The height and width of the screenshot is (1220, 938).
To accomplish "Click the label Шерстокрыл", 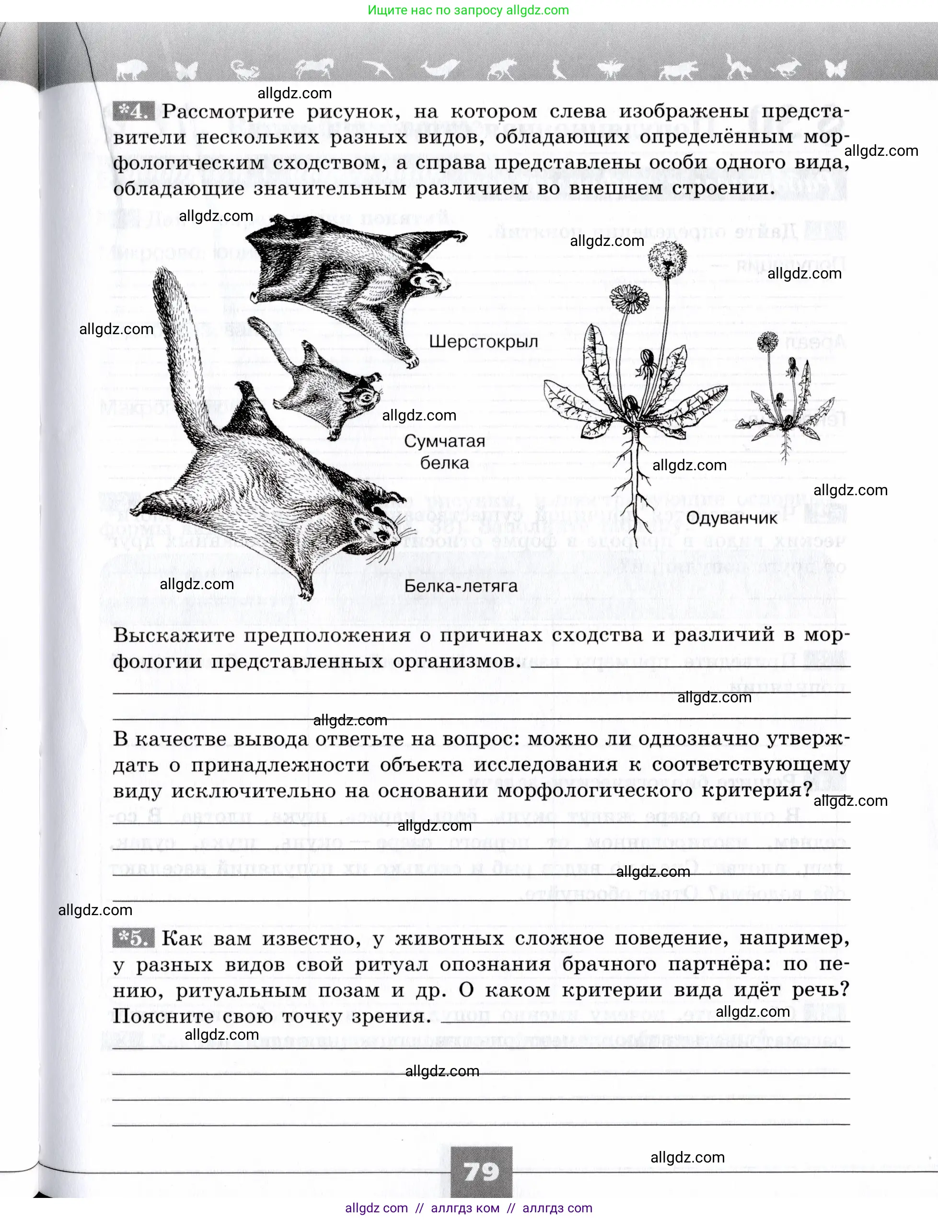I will pos(483,342).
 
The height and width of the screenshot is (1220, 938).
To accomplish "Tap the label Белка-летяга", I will pos(461,586).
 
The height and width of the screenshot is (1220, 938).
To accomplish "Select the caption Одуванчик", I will pos(731,518).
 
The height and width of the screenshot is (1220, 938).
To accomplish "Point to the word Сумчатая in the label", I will pos(444,441).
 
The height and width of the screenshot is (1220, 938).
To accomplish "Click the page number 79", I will pos(481,1171).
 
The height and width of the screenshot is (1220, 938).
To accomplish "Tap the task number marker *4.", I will pos(131,111).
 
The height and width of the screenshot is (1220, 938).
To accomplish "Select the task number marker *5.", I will pos(132,938).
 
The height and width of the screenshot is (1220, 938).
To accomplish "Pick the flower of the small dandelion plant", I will pos(768,341).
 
